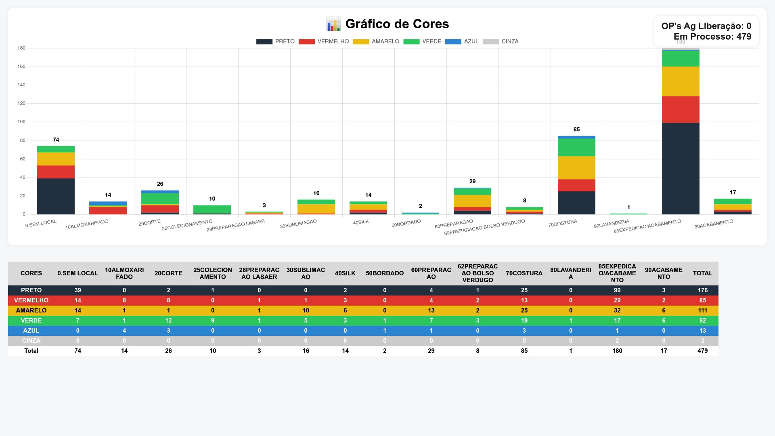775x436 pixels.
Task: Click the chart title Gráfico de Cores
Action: (397, 24)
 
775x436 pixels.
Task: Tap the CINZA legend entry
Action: (501, 42)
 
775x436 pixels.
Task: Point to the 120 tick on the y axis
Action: (21, 103)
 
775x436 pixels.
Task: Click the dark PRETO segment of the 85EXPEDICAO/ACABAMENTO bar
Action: (681, 168)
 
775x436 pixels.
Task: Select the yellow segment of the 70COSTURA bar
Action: (576, 168)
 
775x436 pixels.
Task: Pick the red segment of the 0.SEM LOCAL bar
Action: (56, 172)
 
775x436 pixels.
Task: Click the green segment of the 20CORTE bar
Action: (160, 199)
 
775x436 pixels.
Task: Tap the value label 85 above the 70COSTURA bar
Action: (576, 130)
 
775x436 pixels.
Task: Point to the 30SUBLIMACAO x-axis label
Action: (298, 224)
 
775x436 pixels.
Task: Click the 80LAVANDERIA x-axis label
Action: (612, 224)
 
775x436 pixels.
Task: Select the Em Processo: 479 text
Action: (712, 37)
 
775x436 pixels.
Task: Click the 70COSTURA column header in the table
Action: (524, 273)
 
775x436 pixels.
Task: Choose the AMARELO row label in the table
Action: (31, 310)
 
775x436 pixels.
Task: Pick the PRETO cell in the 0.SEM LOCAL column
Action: (77, 290)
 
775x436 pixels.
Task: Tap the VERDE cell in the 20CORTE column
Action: (168, 321)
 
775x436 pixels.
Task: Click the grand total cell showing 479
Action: (702, 351)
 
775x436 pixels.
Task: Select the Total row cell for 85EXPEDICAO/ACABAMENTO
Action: (617, 351)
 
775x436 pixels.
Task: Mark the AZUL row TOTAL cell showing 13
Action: (702, 331)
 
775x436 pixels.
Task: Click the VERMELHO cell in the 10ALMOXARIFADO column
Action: (124, 300)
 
